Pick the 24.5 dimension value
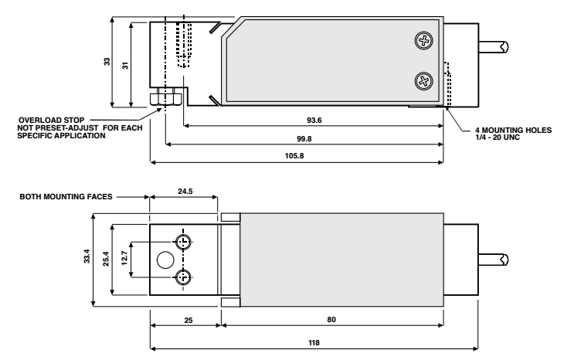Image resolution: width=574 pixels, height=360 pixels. click(183, 188)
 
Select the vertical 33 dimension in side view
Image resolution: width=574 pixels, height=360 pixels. click(107, 62)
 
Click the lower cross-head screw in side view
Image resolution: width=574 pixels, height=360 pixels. click(423, 80)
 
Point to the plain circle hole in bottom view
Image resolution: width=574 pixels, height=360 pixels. click(165, 260)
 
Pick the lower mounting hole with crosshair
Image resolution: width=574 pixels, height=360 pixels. click(183, 278)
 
